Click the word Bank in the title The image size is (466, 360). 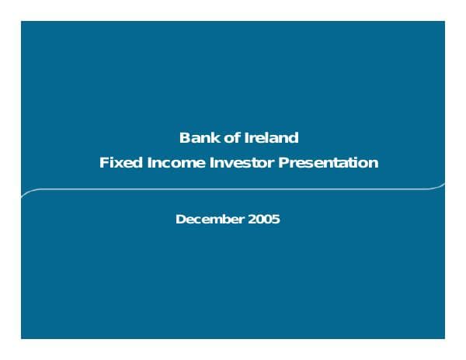[195, 138]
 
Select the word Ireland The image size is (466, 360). [270, 138]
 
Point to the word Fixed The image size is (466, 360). [116, 163]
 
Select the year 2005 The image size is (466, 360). [264, 219]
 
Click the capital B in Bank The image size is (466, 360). [184, 138]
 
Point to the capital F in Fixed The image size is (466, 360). [103, 163]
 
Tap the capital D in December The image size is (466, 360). [180, 219]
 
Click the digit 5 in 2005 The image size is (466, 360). [276, 219]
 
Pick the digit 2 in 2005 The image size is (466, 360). [252, 219]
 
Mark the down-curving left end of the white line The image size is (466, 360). [24, 195]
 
